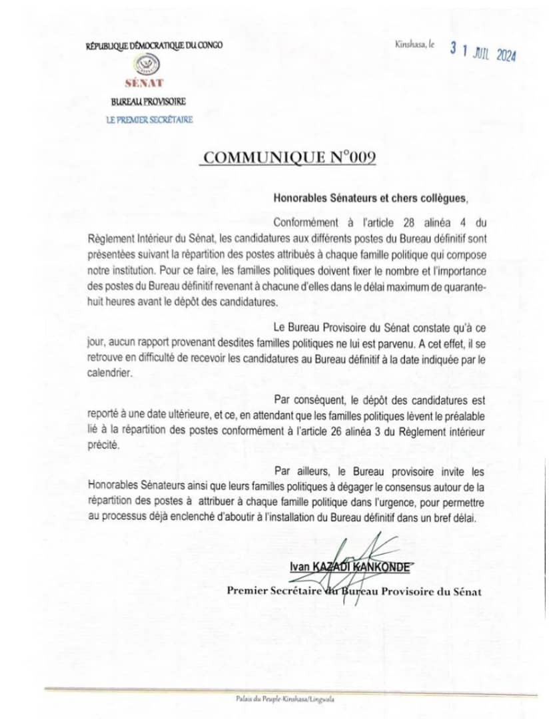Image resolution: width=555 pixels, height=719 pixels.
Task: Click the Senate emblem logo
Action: (x=149, y=65)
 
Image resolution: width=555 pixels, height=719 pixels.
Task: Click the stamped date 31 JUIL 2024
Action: (x=483, y=53)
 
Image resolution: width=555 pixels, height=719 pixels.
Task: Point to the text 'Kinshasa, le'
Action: (x=414, y=45)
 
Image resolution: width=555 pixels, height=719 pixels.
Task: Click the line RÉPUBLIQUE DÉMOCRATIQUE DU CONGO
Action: (x=154, y=45)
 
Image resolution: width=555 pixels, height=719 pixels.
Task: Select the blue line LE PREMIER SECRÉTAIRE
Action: (x=149, y=119)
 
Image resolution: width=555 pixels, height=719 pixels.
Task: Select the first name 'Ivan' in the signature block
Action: (x=298, y=567)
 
